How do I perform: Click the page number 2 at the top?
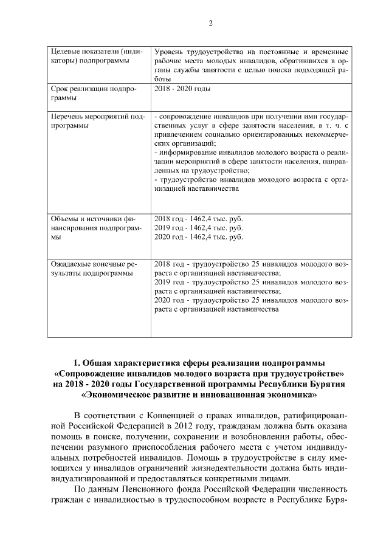click(210, 23)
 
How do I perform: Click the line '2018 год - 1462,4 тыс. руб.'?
click(199, 218)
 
